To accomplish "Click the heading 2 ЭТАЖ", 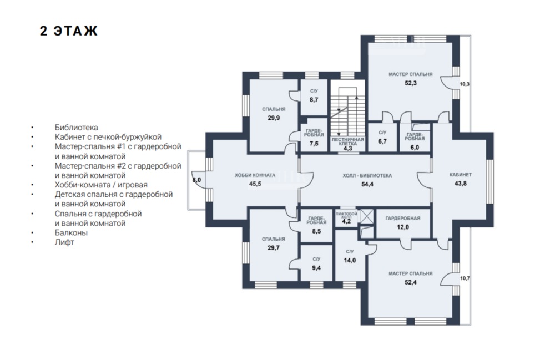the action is coord(69,31).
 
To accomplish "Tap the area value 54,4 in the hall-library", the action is coord(367,184).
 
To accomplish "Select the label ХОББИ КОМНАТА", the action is coord(255,175).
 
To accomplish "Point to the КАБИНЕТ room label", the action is coord(461,175).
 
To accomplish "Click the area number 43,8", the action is coord(461,184).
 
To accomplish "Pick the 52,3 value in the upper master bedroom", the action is coord(411,83).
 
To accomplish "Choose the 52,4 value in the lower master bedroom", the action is coord(411,282).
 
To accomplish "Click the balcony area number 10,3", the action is coord(465,84).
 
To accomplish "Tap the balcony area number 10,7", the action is coord(465,278).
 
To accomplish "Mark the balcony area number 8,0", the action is coord(196,180).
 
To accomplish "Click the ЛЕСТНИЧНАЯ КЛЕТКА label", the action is coord(347,141).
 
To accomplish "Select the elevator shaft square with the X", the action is coord(367,216).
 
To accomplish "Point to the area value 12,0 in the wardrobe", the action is coord(403,227).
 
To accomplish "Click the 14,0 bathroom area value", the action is coord(350,261).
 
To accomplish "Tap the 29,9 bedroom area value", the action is coord(274,118).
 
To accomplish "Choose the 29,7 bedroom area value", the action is coord(274,248).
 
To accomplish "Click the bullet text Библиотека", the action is coord(77,128).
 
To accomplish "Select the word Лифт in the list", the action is coord(64,242).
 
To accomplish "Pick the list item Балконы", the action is coord(71,232).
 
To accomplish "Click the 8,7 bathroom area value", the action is coord(314,100).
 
